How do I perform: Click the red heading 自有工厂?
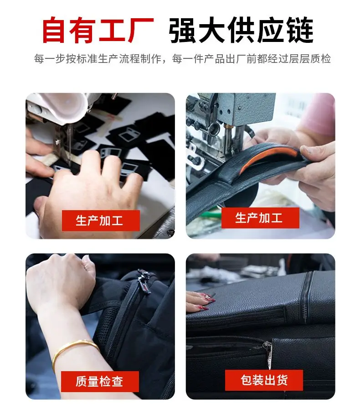pyautogui.click(x=98, y=30)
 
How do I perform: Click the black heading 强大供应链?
pyautogui.click(x=241, y=30)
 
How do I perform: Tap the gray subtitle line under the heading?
pyautogui.click(x=182, y=59)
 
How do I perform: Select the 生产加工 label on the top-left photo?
pyautogui.click(x=101, y=221)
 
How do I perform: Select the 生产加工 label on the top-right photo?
pyautogui.click(x=260, y=218)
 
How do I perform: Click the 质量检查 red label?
pyautogui.click(x=100, y=381)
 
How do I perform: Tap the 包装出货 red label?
pyautogui.click(x=264, y=380)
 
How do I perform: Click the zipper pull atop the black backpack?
pyautogui.click(x=144, y=282)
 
